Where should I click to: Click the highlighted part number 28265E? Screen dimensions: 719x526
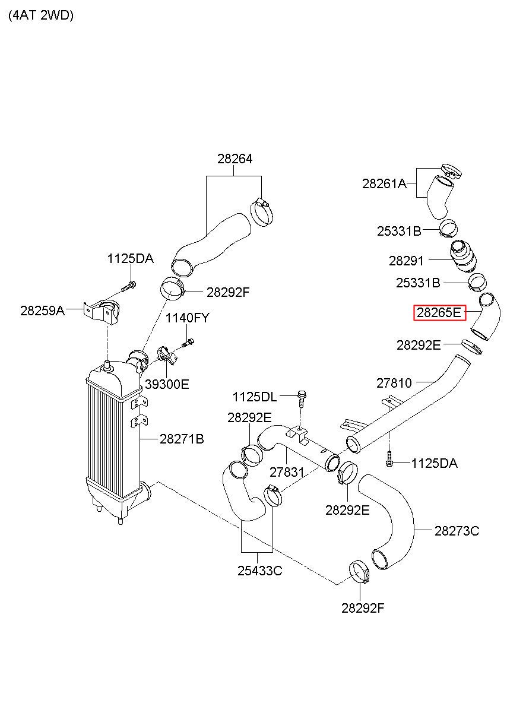coord(439,313)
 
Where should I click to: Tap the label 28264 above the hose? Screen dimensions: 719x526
coord(235,159)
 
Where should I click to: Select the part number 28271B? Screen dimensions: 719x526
coord(182,439)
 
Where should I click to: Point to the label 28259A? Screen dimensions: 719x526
coord(42,310)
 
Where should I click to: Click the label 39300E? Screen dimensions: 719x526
coord(167,384)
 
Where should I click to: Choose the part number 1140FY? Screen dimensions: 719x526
coord(187,318)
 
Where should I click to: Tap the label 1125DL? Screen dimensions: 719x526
coord(255,397)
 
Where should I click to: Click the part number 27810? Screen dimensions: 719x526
coord(394,383)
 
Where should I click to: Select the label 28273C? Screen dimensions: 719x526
coord(457,531)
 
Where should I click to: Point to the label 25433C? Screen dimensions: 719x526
coord(259,571)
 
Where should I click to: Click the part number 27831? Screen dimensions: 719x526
coord(287,472)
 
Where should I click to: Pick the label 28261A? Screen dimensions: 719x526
coord(384,184)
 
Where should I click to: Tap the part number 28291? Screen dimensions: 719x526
coord(407,261)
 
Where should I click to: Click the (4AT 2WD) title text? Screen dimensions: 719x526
coord(41,16)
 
